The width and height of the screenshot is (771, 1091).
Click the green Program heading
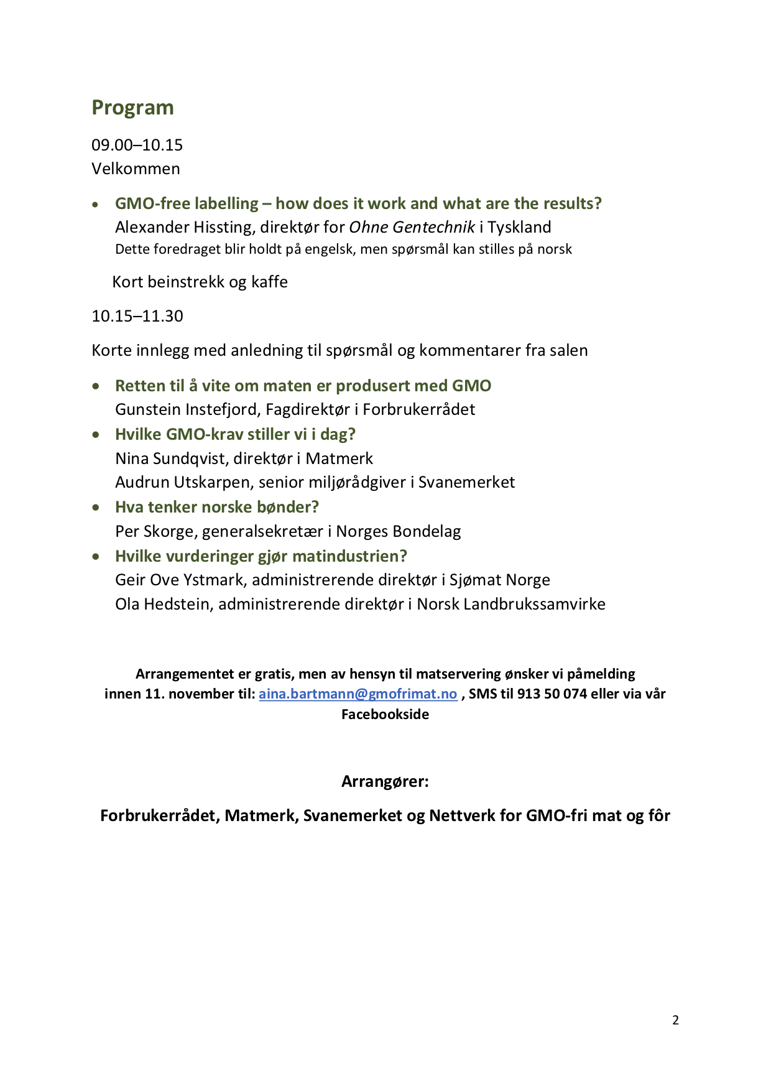(x=132, y=108)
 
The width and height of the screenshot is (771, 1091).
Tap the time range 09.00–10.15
(x=137, y=145)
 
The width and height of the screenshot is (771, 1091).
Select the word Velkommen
(x=136, y=169)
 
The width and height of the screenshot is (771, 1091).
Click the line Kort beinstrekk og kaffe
(x=200, y=282)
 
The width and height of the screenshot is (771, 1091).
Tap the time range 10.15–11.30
(x=137, y=316)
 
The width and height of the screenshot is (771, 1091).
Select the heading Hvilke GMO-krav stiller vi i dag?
(x=235, y=434)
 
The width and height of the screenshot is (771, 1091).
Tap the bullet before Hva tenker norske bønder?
(x=96, y=508)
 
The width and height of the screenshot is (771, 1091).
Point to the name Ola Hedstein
(x=162, y=604)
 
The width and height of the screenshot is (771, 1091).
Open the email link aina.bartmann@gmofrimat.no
(x=358, y=694)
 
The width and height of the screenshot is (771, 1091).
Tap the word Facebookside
(x=385, y=714)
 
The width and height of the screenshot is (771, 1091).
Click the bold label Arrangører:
(x=385, y=781)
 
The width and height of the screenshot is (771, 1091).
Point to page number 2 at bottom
(x=675, y=1020)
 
